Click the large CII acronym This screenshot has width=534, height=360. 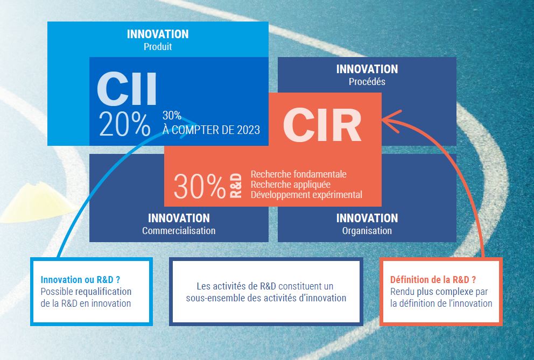click(127, 89)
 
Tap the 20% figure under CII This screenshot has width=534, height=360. click(124, 124)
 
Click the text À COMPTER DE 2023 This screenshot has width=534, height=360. click(211, 130)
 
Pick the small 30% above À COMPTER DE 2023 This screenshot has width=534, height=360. click(172, 116)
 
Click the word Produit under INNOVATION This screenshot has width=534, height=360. click(158, 47)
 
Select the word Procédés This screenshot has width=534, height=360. click(367, 82)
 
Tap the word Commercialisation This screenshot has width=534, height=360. click(179, 231)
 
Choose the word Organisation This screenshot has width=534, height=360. click(367, 231)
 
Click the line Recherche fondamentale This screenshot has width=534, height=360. click(298, 174)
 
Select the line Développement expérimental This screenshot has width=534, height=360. click(306, 195)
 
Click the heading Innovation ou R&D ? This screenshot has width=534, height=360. click(80, 280)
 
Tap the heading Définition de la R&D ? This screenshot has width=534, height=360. click(433, 280)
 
